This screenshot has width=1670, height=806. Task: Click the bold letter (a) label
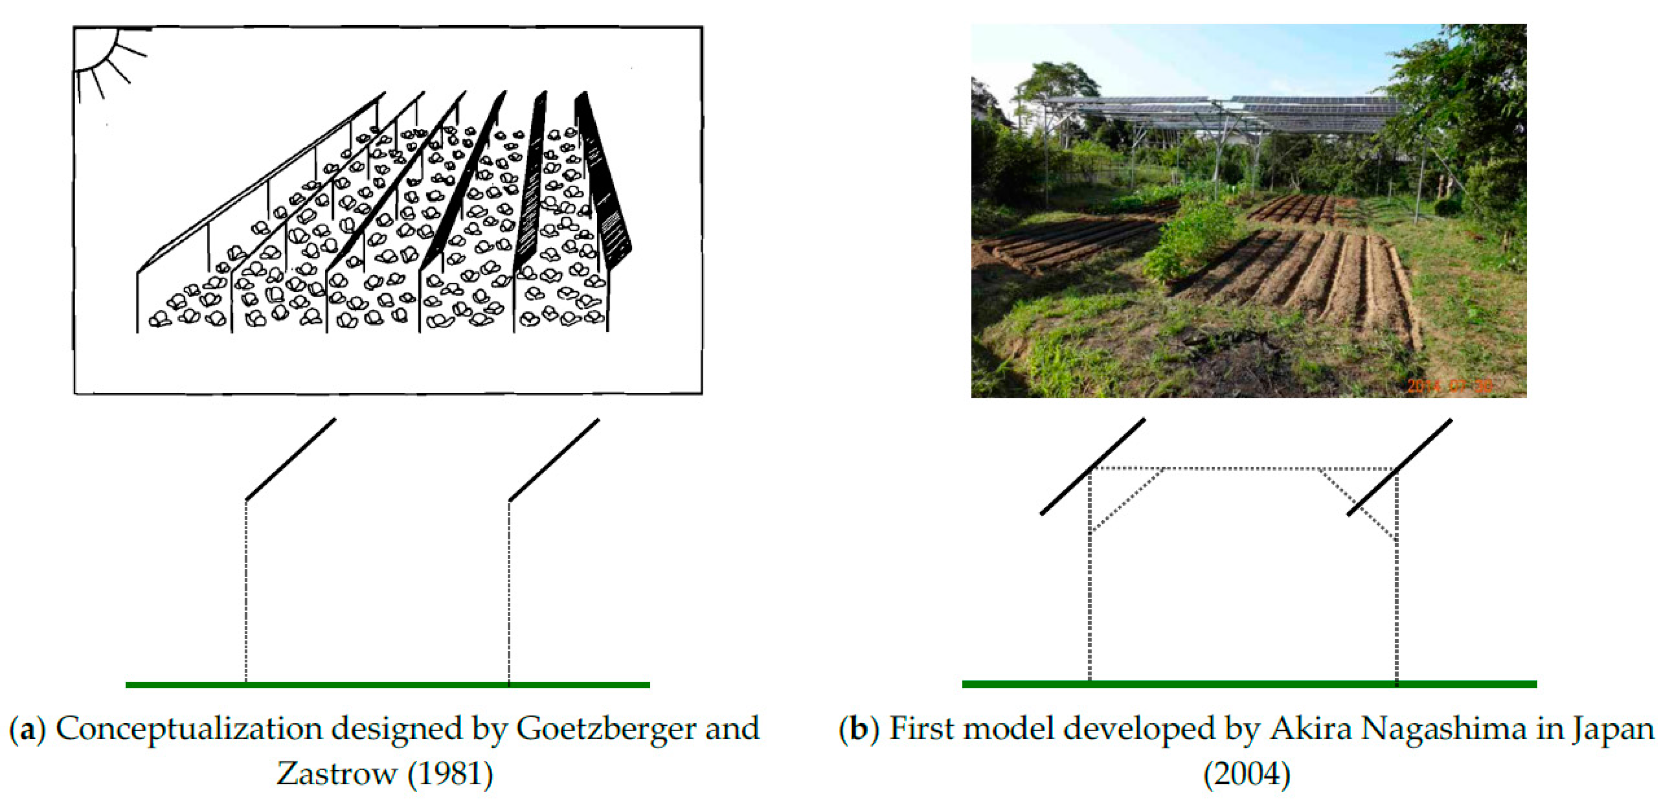pos(27,729)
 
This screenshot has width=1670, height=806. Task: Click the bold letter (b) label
pos(858,729)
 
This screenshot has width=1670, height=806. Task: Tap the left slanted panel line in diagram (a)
pos(291,459)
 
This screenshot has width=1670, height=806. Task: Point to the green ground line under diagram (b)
pos(1249,684)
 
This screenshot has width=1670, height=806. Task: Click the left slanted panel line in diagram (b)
pos(1093,467)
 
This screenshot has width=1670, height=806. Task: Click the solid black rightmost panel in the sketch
pos(603,181)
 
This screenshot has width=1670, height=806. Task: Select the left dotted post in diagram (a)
pos(246,590)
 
